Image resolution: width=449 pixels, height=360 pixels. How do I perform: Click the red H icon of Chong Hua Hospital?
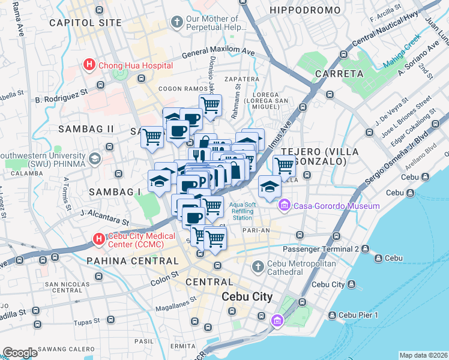(89, 65)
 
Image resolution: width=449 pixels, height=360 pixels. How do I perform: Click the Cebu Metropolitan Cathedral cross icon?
(258, 266)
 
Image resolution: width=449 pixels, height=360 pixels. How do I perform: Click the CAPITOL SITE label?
(85, 23)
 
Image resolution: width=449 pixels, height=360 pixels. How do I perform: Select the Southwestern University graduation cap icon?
(94, 158)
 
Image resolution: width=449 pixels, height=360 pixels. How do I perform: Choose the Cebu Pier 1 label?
(358, 315)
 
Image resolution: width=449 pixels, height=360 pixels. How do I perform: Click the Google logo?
(20, 352)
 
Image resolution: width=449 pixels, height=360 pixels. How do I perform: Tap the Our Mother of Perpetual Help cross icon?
(176, 23)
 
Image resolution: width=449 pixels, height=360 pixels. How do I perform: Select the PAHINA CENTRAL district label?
(133, 261)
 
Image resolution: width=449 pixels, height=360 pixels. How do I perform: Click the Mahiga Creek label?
(403, 46)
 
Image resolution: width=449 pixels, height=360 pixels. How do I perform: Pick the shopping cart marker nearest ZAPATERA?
(210, 106)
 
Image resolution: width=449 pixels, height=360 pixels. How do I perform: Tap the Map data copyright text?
(423, 355)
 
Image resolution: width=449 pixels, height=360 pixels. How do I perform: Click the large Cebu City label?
(247, 296)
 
